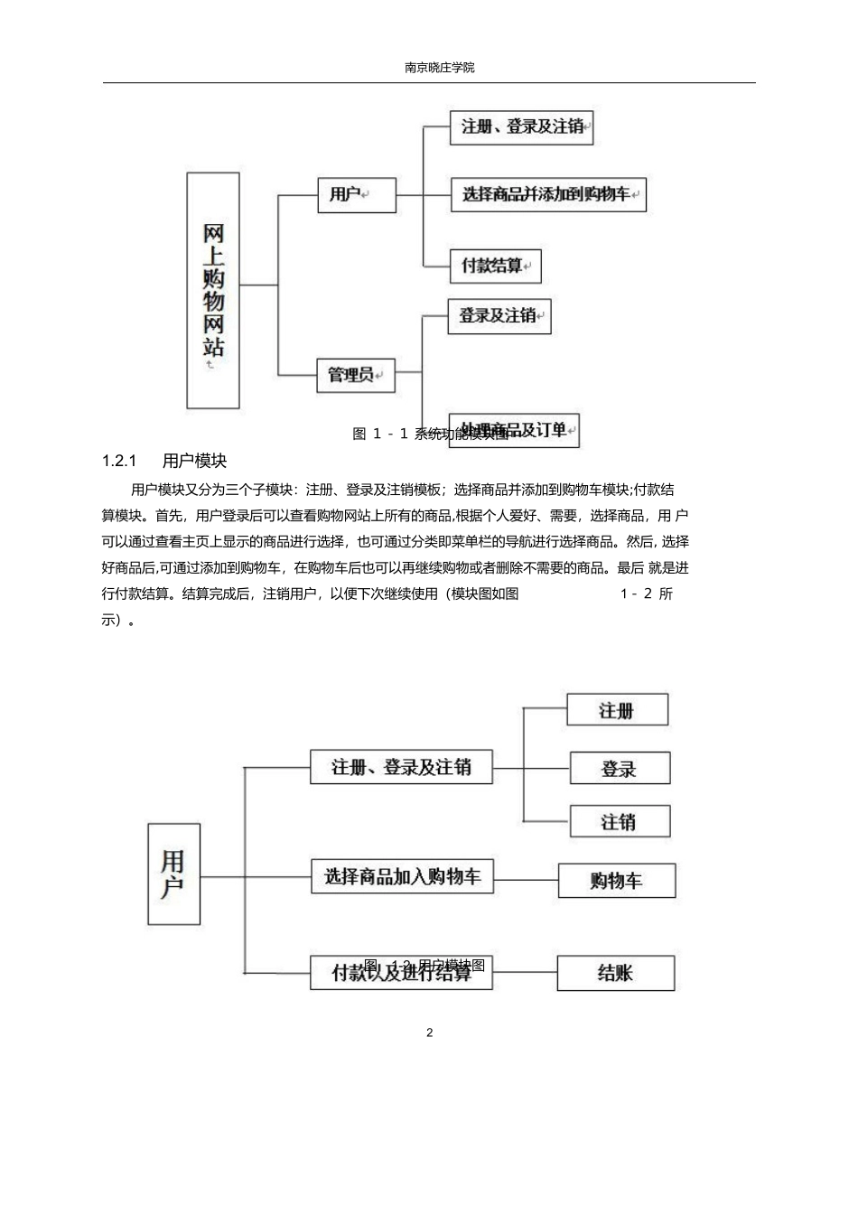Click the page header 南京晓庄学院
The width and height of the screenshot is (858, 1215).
tap(439, 68)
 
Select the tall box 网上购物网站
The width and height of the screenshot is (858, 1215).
tap(213, 290)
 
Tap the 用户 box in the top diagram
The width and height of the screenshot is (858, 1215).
tap(357, 195)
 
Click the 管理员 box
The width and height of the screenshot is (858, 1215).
tap(356, 374)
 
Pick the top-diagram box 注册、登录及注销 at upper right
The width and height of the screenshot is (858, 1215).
tap(522, 127)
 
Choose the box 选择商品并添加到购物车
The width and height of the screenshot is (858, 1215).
tap(548, 194)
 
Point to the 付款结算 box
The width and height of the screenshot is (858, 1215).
tap(495, 266)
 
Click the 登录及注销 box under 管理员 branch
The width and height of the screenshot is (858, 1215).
tap(499, 316)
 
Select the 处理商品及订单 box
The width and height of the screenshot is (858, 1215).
tap(514, 430)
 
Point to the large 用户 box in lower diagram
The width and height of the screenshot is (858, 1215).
tap(173, 874)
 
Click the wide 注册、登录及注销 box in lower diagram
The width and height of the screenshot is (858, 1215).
tap(401, 767)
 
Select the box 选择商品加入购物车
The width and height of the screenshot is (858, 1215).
tap(402, 876)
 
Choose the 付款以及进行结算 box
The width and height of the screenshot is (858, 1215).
tap(401, 973)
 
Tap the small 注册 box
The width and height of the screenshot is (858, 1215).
tap(617, 710)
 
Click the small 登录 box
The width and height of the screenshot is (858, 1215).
tap(620, 768)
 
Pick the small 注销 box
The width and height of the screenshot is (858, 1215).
tap(620, 821)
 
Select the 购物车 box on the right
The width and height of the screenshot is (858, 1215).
tap(617, 880)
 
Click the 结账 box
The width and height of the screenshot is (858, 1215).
tap(615, 973)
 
